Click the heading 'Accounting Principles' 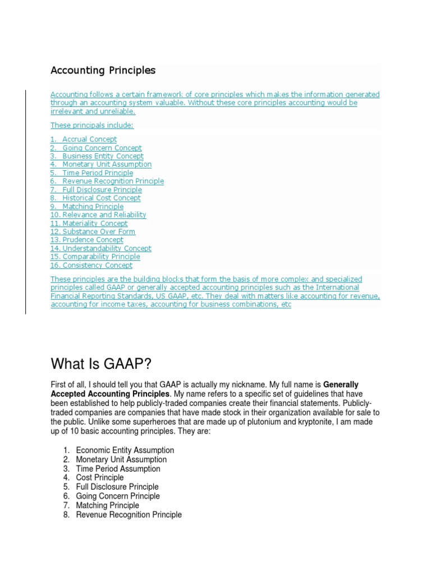(103, 71)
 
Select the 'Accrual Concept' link (89, 139)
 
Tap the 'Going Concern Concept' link (102, 148)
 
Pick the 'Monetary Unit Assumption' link (107, 165)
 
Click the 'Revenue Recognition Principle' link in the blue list (113, 181)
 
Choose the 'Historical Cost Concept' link (101, 198)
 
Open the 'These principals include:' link (92, 126)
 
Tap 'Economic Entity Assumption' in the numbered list (125, 450)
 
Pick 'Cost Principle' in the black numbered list (100, 478)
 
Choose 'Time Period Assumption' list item (118, 469)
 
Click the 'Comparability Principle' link (101, 257)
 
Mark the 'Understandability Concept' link (107, 249)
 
